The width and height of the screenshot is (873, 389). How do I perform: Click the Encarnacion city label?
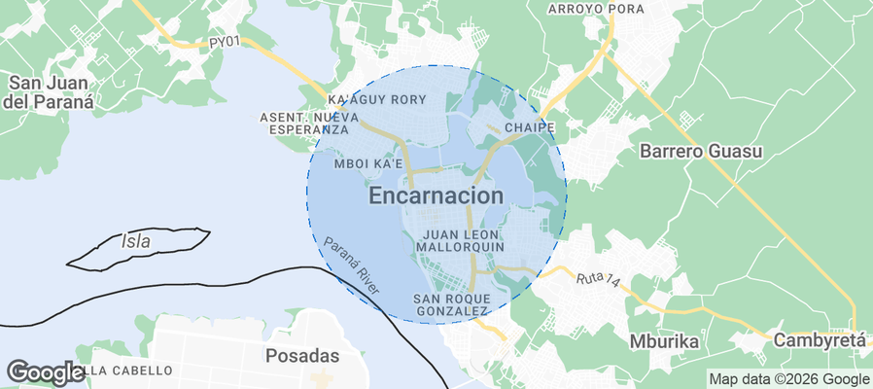pos(436,195)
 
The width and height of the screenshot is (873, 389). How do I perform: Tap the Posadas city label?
pos(302,355)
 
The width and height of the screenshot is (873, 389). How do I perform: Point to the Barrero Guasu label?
pos(701,152)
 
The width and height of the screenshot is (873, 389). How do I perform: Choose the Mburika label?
pos(666,342)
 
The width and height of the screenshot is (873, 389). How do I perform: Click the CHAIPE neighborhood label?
pos(530,127)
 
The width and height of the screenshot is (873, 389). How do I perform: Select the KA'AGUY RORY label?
pos(378,100)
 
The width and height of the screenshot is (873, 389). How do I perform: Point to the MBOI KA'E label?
pos(368,164)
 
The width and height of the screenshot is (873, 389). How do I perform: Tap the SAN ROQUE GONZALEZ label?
pos(451,303)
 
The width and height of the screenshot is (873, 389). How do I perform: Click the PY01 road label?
pos(224,42)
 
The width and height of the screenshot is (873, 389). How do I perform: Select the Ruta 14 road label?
pos(597,278)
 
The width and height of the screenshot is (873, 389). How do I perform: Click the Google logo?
pos(45,371)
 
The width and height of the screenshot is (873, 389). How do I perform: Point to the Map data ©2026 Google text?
pos(788,379)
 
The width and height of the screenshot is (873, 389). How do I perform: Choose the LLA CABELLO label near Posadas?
pos(132,371)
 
